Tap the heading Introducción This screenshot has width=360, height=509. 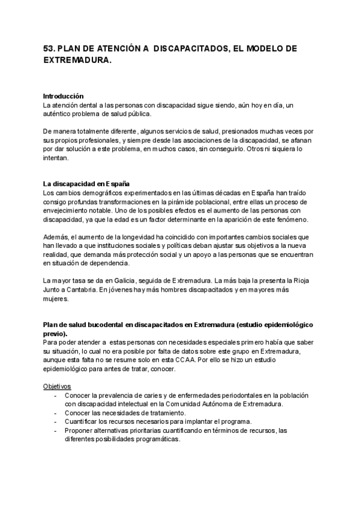pos(64,96)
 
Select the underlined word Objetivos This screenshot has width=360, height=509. pos(58,386)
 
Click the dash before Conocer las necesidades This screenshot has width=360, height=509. pos(56,413)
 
